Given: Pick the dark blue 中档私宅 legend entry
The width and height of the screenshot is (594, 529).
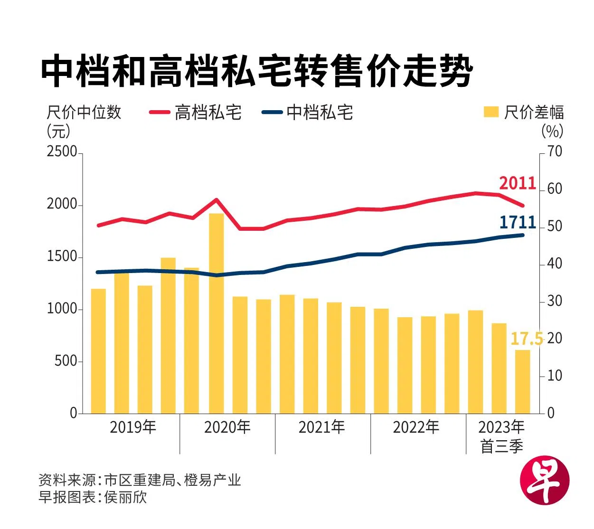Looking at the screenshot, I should click(308, 113).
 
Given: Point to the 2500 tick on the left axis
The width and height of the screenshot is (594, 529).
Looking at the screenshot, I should click(62, 152).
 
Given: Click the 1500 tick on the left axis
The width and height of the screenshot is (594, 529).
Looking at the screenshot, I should click(62, 256).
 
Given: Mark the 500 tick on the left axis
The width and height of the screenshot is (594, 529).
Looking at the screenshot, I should click(66, 361).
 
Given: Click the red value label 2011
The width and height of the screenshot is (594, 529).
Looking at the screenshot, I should click(517, 183).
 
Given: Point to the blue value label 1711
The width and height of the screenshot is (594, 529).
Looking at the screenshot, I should click(517, 223).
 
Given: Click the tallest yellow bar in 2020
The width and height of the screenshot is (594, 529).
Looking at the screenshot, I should click(217, 313).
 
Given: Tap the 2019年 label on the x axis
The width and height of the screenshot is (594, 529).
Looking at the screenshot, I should click(133, 427).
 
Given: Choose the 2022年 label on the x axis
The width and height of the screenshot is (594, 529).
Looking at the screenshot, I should click(416, 427).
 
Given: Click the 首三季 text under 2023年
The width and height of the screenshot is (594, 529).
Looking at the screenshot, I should click(501, 447).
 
